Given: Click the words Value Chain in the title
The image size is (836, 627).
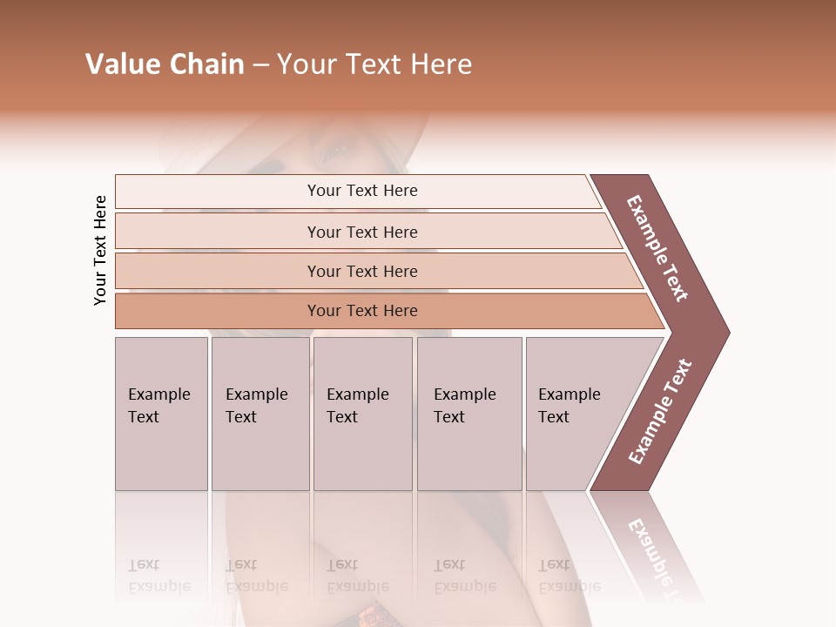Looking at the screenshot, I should coord(165,64).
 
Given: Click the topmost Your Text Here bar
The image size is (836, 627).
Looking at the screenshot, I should coord(361,191).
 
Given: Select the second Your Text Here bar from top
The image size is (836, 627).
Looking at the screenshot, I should coord(361,232).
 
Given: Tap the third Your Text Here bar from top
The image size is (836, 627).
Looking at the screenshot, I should coord(361,271).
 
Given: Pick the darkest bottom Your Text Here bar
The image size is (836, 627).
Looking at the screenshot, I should coord(361,311).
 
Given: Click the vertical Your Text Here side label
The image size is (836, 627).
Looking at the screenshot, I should coord(101,250).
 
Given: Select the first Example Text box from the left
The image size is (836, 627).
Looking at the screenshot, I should coord(161,414).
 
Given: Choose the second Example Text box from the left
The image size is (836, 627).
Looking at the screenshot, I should coord(260,414).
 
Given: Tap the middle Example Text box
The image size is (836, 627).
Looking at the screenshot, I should coord(362,414).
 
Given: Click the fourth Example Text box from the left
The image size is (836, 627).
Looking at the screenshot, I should coord(469,414).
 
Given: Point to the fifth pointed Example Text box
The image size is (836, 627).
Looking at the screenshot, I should coord(575,414).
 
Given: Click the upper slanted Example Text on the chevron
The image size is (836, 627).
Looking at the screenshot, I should coord(657,248).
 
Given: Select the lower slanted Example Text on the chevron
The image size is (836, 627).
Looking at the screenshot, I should coord(660,411).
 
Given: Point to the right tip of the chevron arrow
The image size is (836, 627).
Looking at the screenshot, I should coord(727,332).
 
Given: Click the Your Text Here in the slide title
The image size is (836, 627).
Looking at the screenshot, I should coord(374,64).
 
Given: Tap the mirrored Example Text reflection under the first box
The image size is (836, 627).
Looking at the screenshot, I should coord(159,576).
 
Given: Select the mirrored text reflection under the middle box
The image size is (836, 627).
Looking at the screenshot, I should coord(358,576).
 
